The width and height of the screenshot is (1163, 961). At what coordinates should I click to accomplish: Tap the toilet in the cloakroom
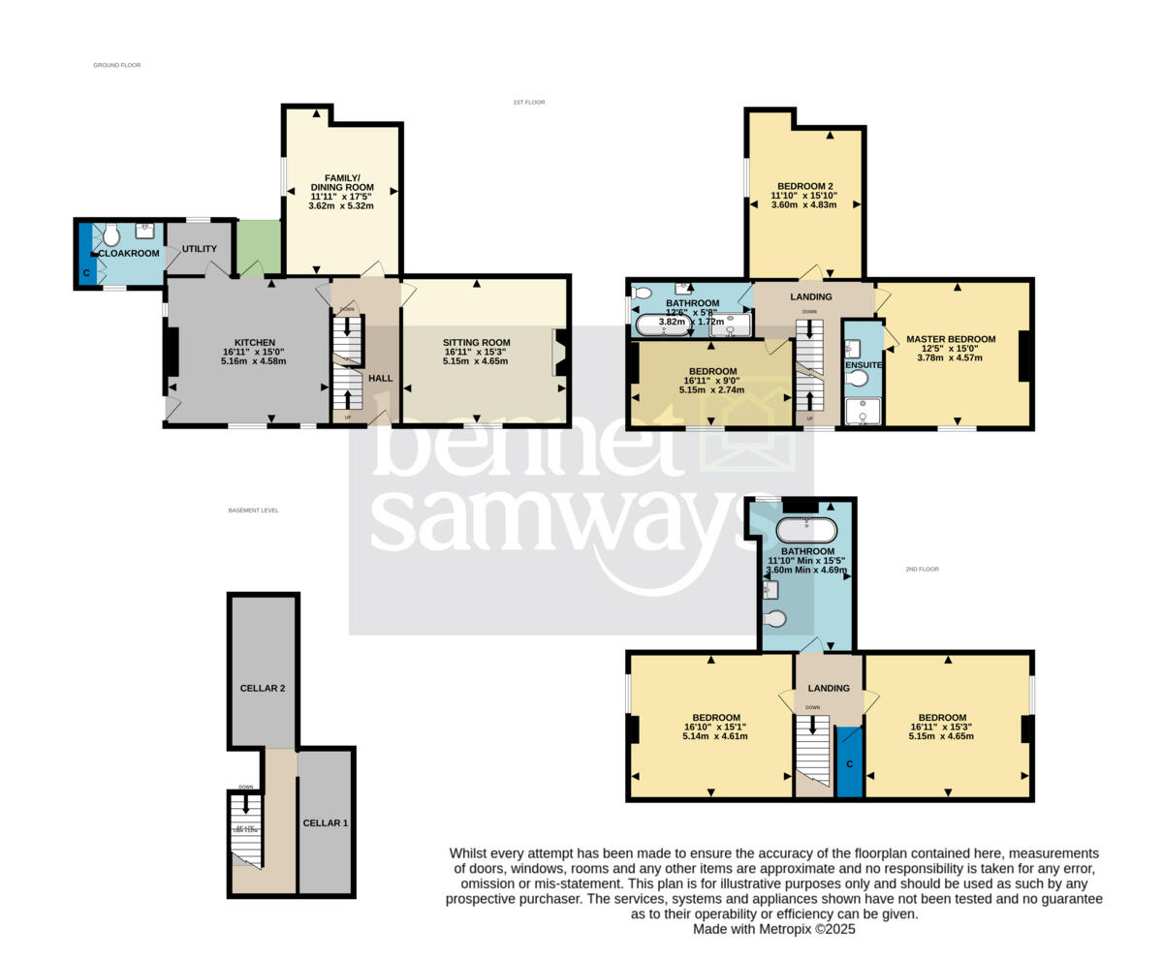(x=110, y=234)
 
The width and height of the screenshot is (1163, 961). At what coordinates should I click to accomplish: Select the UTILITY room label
(x=200, y=249)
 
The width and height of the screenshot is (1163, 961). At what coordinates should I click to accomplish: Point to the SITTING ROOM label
(x=476, y=343)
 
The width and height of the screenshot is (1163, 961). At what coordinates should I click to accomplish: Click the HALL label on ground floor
(x=380, y=377)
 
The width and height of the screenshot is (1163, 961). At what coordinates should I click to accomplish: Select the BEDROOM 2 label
(x=804, y=186)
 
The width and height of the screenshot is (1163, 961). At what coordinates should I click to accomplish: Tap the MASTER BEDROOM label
(x=951, y=339)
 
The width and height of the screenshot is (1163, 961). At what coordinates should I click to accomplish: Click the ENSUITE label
(x=863, y=365)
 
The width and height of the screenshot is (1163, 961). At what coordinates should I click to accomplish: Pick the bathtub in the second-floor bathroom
(x=806, y=530)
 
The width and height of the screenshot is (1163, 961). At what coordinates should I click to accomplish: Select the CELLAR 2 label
(x=263, y=689)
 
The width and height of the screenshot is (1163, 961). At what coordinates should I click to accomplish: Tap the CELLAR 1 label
(x=326, y=823)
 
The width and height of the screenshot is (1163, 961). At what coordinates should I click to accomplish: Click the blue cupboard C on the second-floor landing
(x=849, y=763)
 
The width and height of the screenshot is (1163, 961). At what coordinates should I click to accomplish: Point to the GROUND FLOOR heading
(x=117, y=65)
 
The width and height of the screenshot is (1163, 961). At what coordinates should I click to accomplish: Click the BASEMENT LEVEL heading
(x=253, y=511)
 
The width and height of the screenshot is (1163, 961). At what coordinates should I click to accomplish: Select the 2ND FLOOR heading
(x=922, y=570)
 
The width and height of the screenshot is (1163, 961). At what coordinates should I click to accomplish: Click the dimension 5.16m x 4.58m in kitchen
(x=253, y=361)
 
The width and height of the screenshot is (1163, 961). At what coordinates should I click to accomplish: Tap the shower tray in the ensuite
(x=862, y=412)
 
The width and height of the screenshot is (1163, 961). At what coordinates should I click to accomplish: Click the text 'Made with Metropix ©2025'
(x=773, y=929)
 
